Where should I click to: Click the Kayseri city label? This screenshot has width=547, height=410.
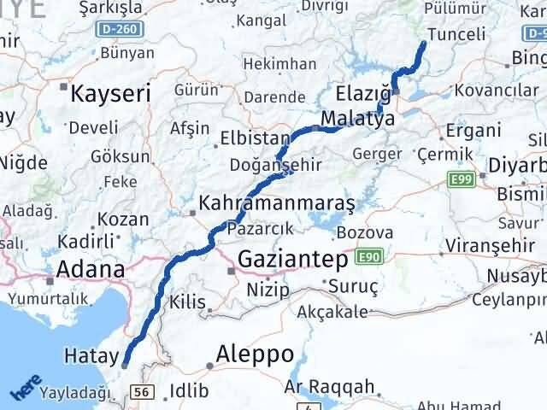110,93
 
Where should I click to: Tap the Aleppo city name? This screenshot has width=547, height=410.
255,354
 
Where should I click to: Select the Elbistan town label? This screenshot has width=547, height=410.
249,138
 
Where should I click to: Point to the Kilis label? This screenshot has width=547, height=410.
188,302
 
